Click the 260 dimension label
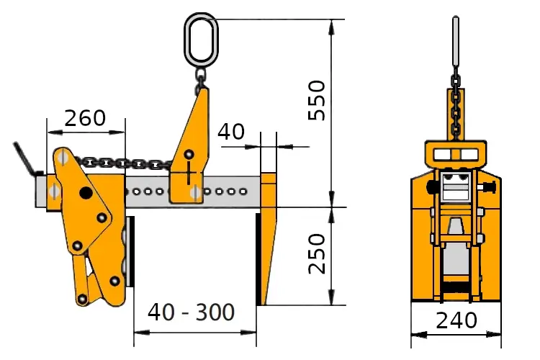click(x=85, y=118)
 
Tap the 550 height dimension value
click(x=317, y=100)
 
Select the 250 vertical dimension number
click(x=317, y=253)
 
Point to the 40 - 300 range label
click(x=191, y=312)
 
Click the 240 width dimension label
click(x=456, y=320)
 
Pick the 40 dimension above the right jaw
click(x=231, y=131)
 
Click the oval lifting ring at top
click(x=201, y=40)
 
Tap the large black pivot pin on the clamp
click(x=86, y=193)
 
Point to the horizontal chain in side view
click(x=123, y=163)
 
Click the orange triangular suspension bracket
click(x=190, y=145)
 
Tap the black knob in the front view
click(x=431, y=187)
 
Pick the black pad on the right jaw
click(x=258, y=259)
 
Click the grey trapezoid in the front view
click(x=456, y=226)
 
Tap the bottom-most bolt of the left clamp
click(x=82, y=299)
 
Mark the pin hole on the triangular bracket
click(x=189, y=154)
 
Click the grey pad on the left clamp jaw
click(x=130, y=251)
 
